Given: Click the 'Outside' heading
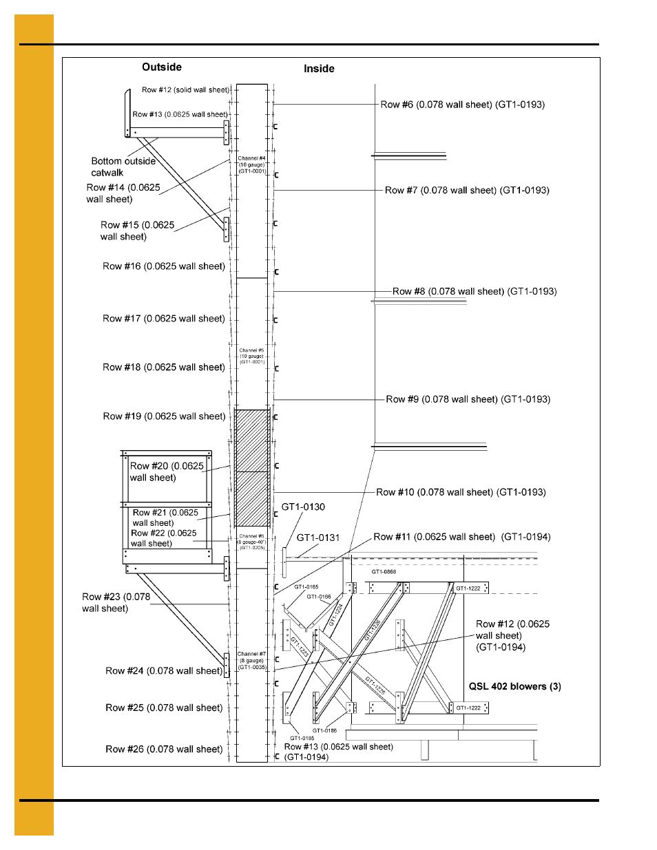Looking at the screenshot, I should [x=162, y=67].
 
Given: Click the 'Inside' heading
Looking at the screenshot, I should [x=319, y=69].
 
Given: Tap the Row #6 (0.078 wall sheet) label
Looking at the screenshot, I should [x=462, y=105].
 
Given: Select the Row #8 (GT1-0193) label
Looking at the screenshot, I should [x=474, y=291].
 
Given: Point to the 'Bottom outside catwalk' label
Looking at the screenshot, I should [x=123, y=167].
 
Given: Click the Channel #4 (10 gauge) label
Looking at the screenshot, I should [x=252, y=164].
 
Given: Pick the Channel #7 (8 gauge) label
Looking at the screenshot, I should [x=251, y=661].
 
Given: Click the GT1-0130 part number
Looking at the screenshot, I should [x=303, y=507].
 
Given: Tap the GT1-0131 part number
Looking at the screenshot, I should [x=318, y=538].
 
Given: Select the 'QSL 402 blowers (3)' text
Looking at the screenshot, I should [x=514, y=686].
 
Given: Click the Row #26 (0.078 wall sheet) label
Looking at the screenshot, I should [x=164, y=749].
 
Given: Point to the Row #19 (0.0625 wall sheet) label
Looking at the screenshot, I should [x=164, y=416].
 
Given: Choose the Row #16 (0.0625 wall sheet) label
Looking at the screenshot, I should [x=164, y=266].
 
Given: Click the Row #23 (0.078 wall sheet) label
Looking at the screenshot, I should [x=116, y=602].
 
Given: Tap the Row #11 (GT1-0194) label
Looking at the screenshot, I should [x=461, y=537].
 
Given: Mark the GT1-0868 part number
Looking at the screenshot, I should [x=384, y=572].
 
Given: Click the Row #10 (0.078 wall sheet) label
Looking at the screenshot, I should [x=461, y=492].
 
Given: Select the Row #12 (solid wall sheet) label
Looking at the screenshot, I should [x=185, y=90].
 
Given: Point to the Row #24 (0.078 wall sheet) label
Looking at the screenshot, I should [x=164, y=671].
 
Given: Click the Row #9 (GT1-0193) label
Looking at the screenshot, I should [x=468, y=399].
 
